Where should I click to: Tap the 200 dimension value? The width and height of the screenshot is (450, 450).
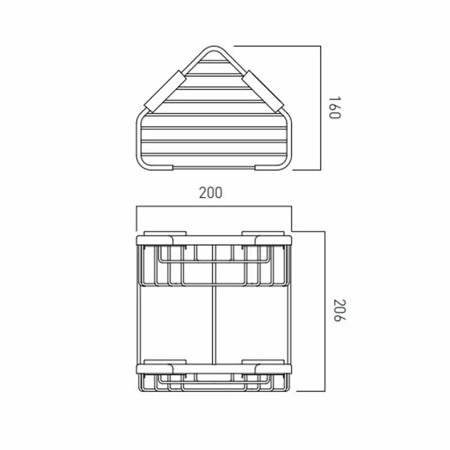pyautogui.click(x=211, y=192)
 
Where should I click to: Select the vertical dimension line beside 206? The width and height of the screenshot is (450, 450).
pyautogui.click(x=325, y=310)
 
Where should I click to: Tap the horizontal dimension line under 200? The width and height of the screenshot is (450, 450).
pyautogui.click(x=214, y=207)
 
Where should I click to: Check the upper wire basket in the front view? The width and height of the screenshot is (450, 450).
pyautogui.click(x=214, y=264)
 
